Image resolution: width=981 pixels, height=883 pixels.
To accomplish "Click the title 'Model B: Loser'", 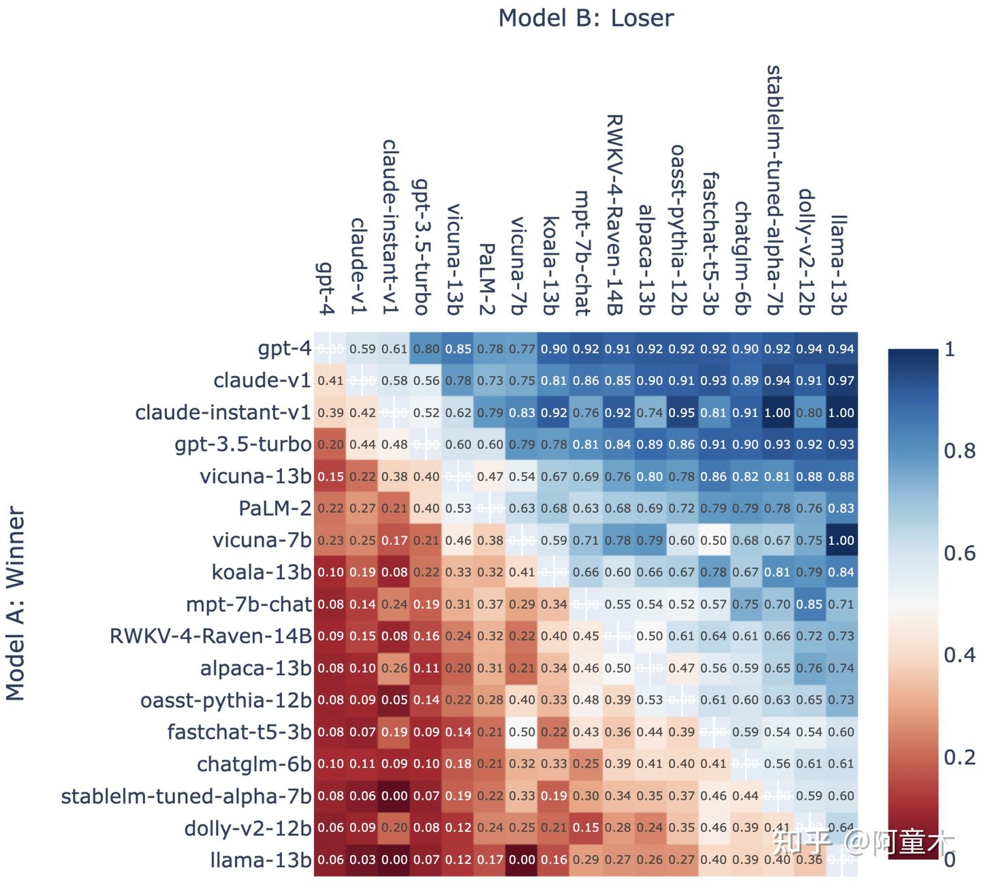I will click(586, 18).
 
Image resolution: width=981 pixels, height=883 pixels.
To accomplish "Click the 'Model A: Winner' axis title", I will click(15, 604).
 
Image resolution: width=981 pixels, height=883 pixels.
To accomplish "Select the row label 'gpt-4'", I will click(284, 348).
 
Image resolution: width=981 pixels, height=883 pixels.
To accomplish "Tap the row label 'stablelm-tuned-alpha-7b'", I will click(186, 796).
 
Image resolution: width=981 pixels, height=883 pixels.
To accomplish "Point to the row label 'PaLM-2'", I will click(275, 508).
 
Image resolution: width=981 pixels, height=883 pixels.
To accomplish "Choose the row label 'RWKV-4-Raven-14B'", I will click(211, 636).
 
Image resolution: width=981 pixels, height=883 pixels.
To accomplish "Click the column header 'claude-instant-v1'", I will click(389, 227).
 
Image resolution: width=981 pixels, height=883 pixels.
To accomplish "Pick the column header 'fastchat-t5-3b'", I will click(711, 243).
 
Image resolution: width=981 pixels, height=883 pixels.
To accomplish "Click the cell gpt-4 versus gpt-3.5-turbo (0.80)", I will click(426, 349).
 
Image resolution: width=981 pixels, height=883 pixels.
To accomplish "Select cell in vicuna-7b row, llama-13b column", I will click(841, 540).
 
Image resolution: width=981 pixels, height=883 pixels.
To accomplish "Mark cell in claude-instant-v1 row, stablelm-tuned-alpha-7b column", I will click(777, 413).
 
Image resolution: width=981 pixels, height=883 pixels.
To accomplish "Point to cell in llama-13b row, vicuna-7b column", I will click(522, 859).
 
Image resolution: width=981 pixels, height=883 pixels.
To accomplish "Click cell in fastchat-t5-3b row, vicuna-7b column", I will click(522, 732).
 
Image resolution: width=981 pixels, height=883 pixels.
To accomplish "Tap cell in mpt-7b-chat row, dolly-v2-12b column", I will click(809, 604).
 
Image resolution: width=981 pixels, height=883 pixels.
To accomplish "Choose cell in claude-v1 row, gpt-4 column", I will click(330, 381).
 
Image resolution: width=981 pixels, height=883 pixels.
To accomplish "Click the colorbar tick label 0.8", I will click(959, 451).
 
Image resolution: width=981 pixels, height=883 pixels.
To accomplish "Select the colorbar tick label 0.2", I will click(959, 757).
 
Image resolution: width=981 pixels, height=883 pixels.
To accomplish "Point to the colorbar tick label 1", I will click(950, 350).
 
